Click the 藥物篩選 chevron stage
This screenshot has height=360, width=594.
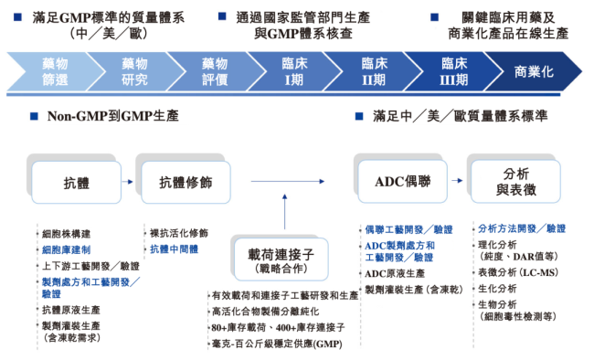(x=54, y=71)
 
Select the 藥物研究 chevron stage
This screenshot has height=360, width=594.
(x=134, y=71)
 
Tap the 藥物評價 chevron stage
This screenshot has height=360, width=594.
(x=214, y=71)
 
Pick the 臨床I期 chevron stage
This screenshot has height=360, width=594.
(x=293, y=71)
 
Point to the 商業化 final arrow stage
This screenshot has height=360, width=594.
(x=535, y=71)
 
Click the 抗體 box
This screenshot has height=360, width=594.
(x=76, y=183)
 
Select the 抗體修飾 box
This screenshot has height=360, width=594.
(x=186, y=183)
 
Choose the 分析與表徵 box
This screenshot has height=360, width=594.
(x=518, y=183)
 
